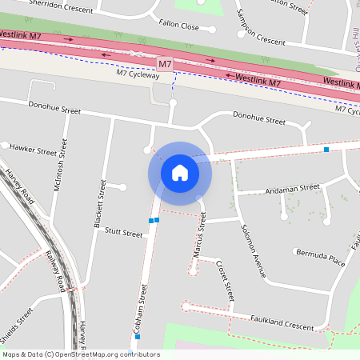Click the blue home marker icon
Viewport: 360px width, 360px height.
point(180,172)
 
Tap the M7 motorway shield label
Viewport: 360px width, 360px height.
point(165,63)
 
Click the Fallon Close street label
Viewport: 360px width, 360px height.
point(178,26)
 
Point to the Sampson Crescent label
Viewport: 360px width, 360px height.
point(260,30)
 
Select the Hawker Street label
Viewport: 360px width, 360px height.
point(33,149)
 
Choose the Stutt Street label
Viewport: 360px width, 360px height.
point(122,234)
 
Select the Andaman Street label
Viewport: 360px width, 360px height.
point(294,189)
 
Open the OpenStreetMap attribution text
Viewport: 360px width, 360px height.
point(80,354)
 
